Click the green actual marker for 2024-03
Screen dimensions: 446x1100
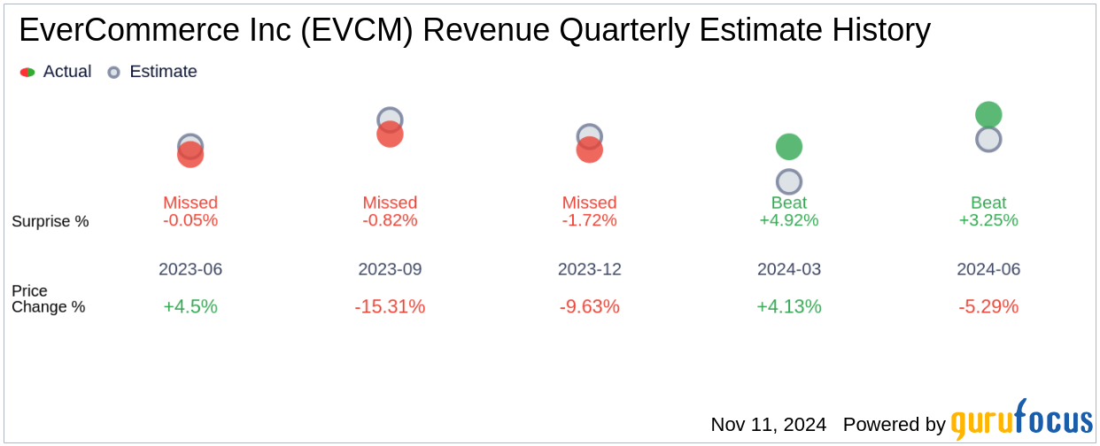788,147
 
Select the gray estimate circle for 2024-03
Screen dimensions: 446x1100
788,181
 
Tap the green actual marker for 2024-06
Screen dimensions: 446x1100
988,114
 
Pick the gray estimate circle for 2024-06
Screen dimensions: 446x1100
988,139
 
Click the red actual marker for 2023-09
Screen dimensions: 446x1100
390,135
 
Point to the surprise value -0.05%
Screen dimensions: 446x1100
190,220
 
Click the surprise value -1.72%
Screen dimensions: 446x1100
589,220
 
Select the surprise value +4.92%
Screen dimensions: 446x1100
788,220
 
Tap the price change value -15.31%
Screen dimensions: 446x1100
390,307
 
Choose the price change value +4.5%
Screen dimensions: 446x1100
190,307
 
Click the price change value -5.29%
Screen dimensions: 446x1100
988,307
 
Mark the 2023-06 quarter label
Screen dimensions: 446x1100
190,269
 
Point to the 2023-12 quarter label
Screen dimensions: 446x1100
589,269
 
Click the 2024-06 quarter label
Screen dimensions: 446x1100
988,269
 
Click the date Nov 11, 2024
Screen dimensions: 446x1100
768,425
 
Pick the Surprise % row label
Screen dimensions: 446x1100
50,221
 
